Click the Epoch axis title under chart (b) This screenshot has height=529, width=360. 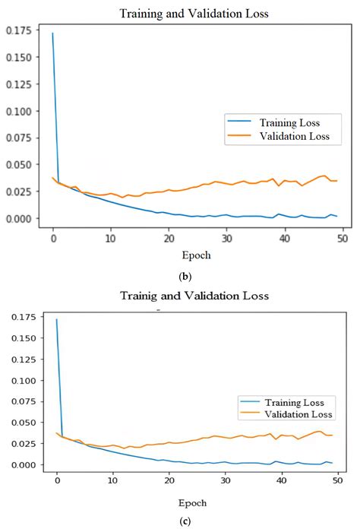click(197, 255)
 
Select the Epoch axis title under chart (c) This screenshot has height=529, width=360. click(196, 502)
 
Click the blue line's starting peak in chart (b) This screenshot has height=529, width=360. click(52, 33)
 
